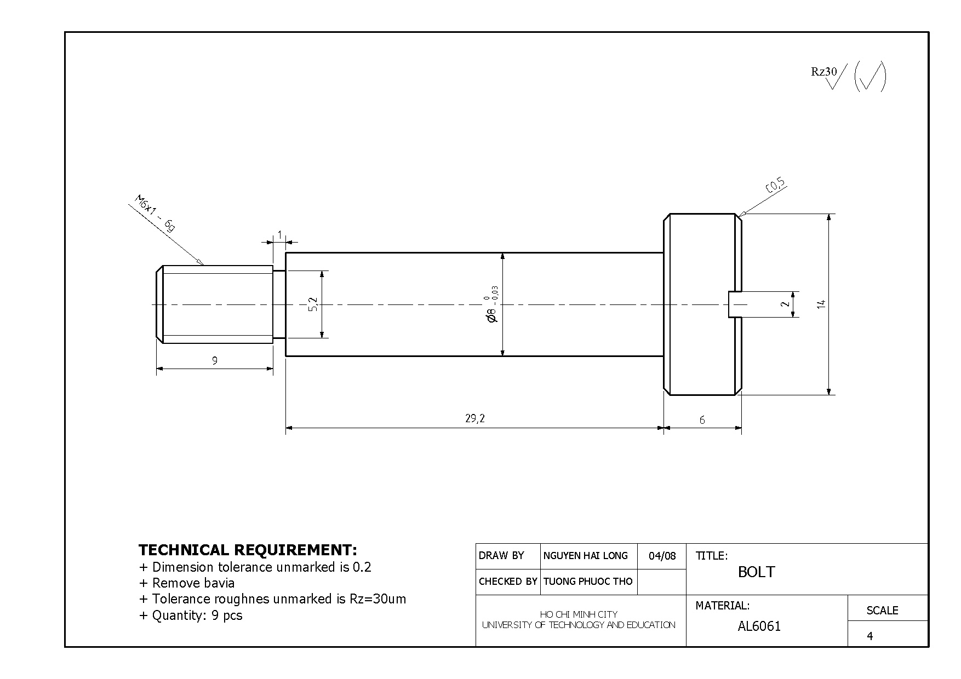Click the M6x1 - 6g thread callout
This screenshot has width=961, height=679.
(x=155, y=214)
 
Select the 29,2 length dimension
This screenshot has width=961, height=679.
(x=475, y=419)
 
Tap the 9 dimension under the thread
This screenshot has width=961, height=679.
(x=215, y=360)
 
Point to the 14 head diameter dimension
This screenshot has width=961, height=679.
(x=821, y=304)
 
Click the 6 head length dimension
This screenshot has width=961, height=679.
(x=702, y=420)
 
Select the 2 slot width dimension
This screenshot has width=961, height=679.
(x=786, y=304)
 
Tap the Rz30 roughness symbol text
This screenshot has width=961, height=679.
(x=824, y=72)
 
